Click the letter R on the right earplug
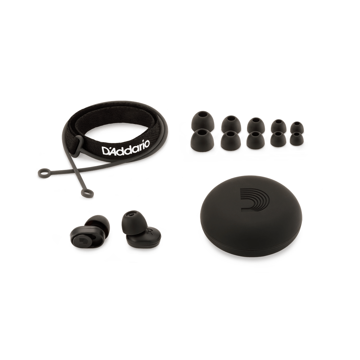click(148, 235)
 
